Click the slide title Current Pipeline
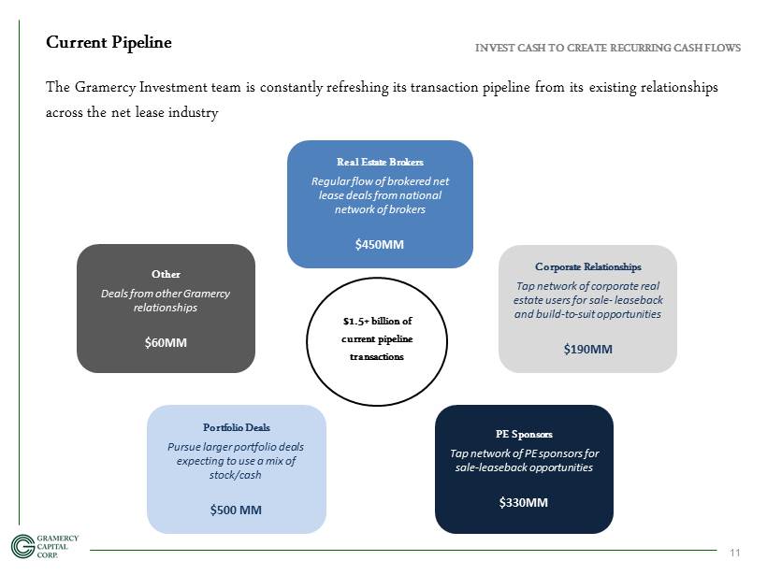(x=109, y=42)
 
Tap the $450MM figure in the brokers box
(x=380, y=244)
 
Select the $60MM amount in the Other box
(x=166, y=343)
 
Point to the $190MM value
(x=588, y=349)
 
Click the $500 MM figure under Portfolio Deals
(x=236, y=510)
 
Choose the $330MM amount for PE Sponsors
(x=524, y=503)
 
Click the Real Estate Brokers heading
(x=380, y=162)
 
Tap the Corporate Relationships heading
(x=588, y=267)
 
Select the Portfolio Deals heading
(x=237, y=427)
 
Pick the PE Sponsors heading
(x=524, y=434)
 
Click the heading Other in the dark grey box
(x=166, y=274)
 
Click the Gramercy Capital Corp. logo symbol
(x=22, y=546)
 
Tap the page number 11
(x=734, y=553)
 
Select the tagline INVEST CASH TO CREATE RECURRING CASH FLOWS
(x=608, y=48)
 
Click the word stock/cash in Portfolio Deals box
(x=236, y=475)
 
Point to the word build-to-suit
(x=566, y=314)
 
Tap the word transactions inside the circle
(x=377, y=357)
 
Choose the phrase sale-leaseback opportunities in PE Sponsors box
(x=524, y=467)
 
